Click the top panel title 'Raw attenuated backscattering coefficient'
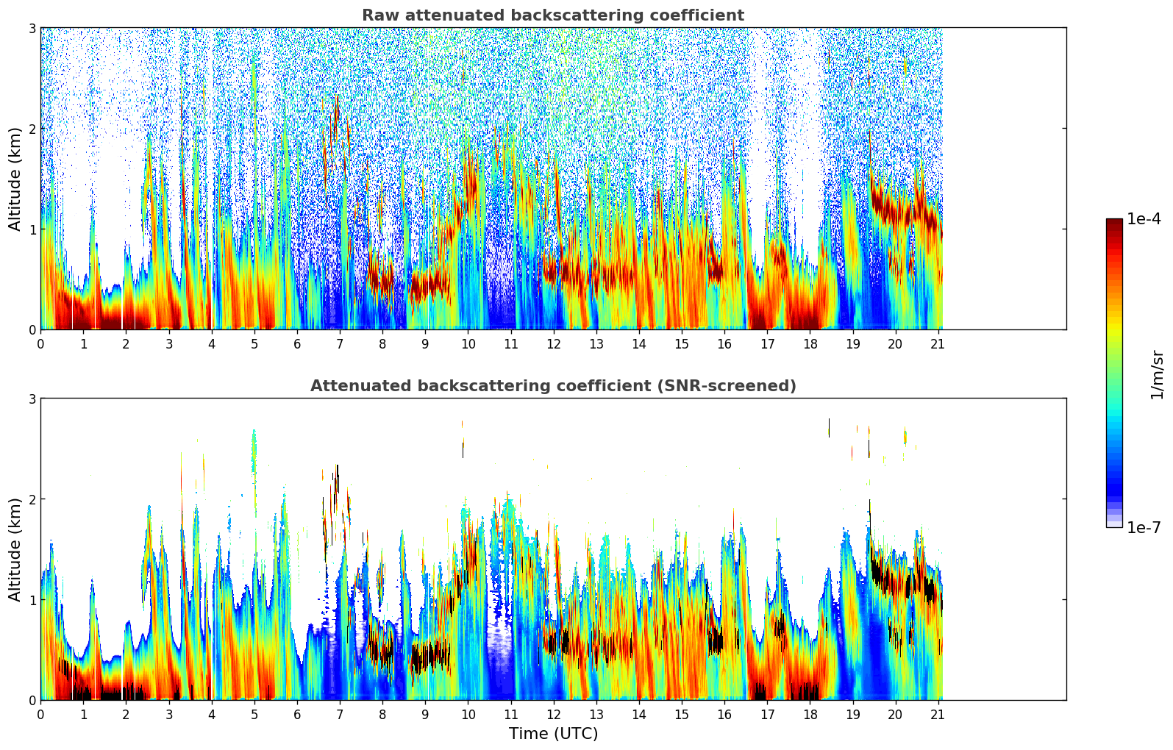point(552,15)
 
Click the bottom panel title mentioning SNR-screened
point(552,386)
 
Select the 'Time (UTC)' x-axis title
point(553,734)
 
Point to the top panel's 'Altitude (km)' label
point(15,179)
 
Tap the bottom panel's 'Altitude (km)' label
point(15,549)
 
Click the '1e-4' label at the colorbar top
point(1144,219)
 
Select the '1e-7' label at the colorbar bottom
point(1144,528)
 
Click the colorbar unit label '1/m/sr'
point(1157,374)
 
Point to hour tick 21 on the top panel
point(938,343)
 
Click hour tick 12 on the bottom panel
point(553,714)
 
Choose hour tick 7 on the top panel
point(340,343)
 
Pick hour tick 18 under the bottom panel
point(810,714)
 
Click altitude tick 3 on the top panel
point(32,28)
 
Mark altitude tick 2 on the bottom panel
point(32,499)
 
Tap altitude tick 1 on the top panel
point(32,229)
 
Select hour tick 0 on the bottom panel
point(40,714)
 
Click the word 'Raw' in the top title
point(377,15)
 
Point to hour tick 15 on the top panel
point(682,343)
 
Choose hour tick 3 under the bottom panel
point(169,714)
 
